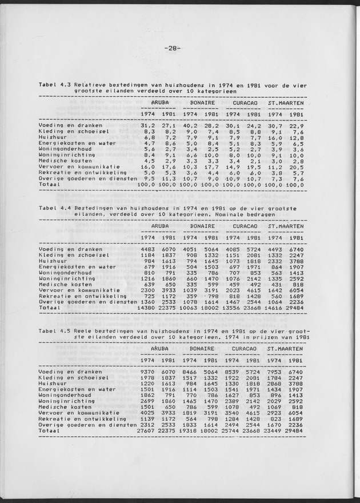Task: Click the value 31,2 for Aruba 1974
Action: (x=148, y=125)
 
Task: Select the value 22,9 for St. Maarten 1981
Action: (x=295, y=125)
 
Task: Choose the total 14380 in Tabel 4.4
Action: (x=146, y=307)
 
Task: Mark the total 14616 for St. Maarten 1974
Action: (x=270, y=307)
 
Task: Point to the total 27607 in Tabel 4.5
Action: (x=146, y=429)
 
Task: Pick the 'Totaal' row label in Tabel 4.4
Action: (x=49, y=307)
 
